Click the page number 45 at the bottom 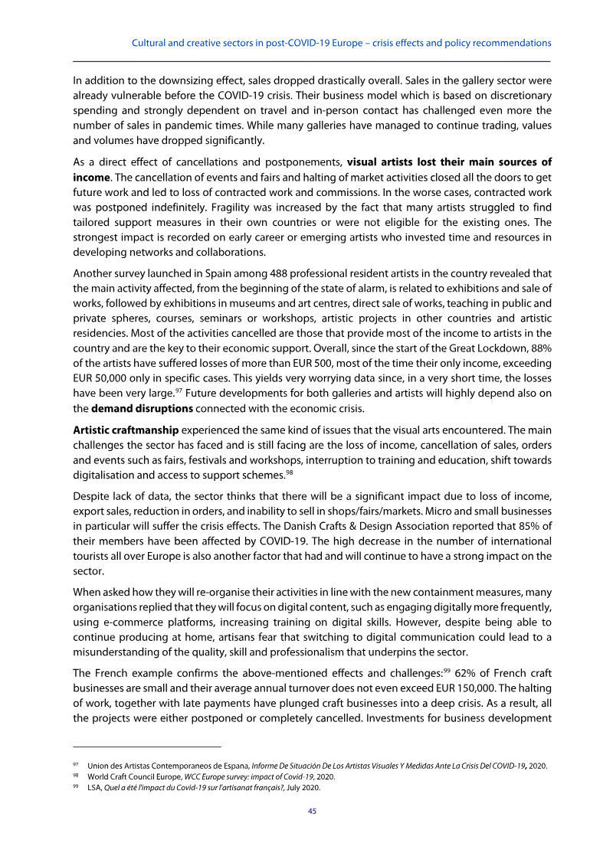(312, 811)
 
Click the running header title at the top (342, 43)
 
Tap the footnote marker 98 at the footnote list (76, 776)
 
